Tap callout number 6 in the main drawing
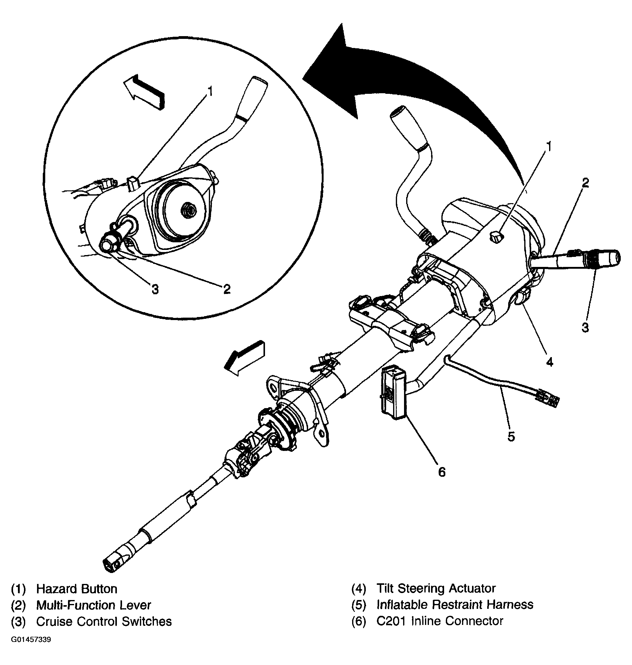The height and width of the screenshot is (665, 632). pos(442,472)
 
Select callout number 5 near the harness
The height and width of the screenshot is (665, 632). pos(511,437)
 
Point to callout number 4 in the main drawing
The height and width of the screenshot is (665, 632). pos(549,362)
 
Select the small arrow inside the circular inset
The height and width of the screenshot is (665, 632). pos(144,92)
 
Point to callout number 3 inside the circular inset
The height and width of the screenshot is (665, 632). pos(155,289)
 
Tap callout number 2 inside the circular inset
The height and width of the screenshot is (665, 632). pos(227,288)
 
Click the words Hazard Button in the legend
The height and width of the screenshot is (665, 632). pos(77,589)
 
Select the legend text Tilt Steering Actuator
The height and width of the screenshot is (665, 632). pos(436,588)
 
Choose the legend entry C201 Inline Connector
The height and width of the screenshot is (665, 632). pos(440,620)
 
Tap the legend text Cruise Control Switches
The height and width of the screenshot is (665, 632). pos(104,621)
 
